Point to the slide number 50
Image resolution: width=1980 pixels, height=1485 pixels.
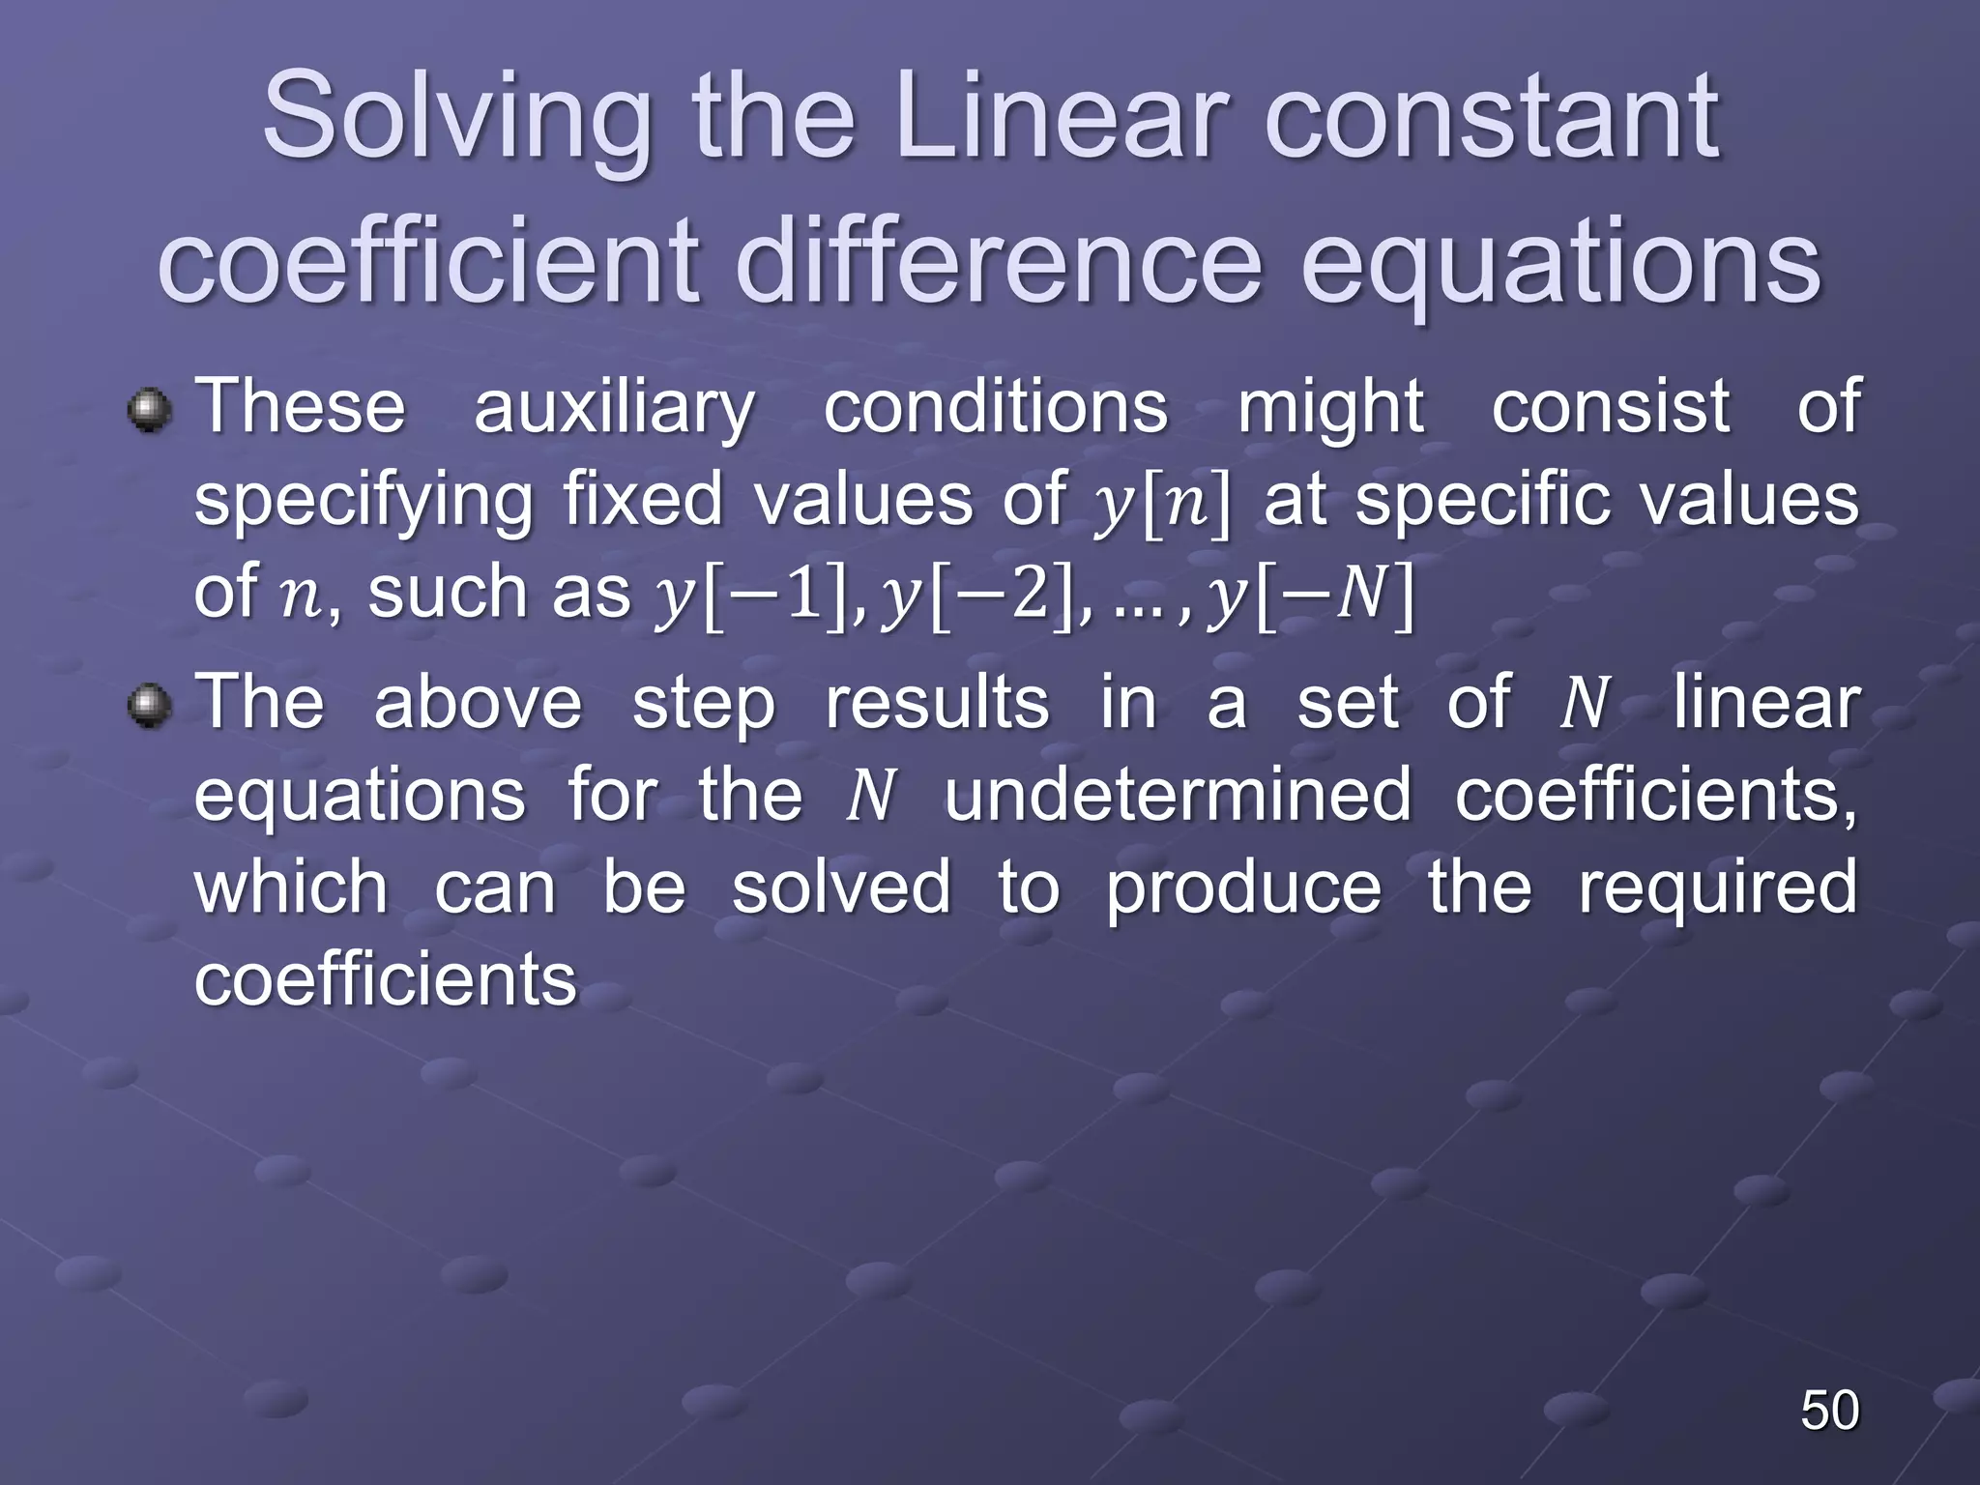(1829, 1410)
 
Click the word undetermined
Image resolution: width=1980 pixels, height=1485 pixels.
(1177, 795)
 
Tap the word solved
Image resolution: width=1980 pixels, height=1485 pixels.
(840, 888)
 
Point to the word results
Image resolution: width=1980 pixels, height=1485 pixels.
(936, 704)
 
